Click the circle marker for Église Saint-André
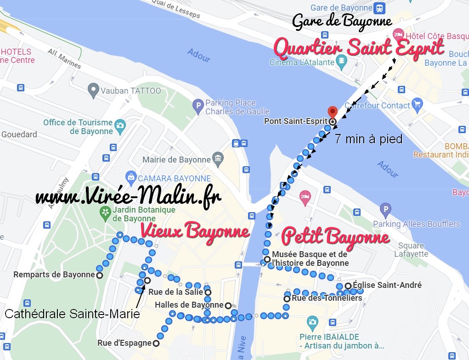348,286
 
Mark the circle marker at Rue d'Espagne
156,343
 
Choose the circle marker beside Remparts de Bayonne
99,275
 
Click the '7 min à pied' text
368,139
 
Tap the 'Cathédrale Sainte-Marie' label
72,314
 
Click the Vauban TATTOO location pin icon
94,90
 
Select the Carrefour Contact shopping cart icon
417,104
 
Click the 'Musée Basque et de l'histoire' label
310,259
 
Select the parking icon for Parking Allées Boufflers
386,210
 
